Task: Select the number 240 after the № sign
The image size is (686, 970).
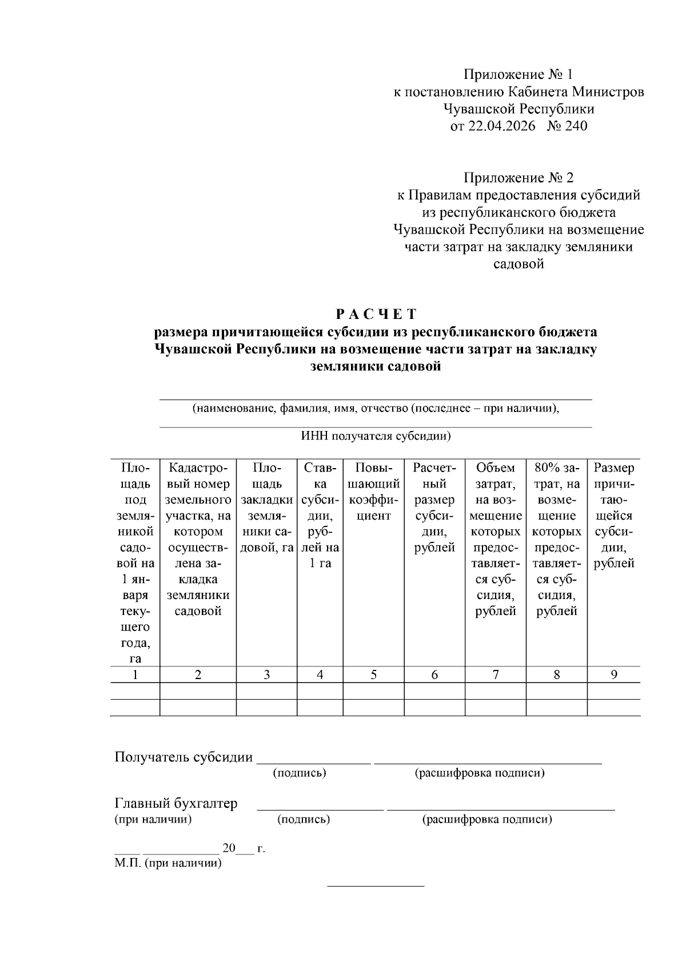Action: pyautogui.click(x=576, y=126)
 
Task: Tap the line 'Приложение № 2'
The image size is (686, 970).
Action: pyautogui.click(x=519, y=178)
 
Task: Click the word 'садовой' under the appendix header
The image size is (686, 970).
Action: pyautogui.click(x=518, y=264)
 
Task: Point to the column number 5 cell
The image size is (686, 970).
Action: pyautogui.click(x=373, y=674)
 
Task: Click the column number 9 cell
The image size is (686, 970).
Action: pyautogui.click(x=613, y=674)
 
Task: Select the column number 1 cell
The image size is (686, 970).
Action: pyautogui.click(x=135, y=674)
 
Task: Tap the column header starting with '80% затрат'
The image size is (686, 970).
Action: pyautogui.click(x=556, y=539)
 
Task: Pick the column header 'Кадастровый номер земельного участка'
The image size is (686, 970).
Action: pyautogui.click(x=198, y=539)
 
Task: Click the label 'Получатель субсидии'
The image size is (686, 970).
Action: pyautogui.click(x=184, y=757)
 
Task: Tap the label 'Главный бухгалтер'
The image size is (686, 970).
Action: pyautogui.click(x=176, y=804)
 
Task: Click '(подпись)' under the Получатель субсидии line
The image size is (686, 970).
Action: pyautogui.click(x=300, y=773)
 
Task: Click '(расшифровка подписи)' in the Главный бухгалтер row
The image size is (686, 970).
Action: pyautogui.click(x=487, y=820)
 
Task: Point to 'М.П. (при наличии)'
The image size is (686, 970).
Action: pyautogui.click(x=167, y=863)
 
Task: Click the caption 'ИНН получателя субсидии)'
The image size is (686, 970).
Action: pyautogui.click(x=376, y=437)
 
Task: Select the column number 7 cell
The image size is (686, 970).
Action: pyautogui.click(x=496, y=674)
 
